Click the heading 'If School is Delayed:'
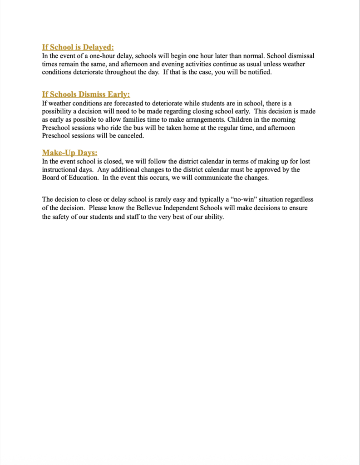click(x=78, y=47)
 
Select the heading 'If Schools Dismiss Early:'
click(x=86, y=94)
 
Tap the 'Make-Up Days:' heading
click(x=69, y=153)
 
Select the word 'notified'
click(x=259, y=73)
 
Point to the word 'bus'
click(x=138, y=128)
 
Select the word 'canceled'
click(x=131, y=136)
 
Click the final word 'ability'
click(x=212, y=217)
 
